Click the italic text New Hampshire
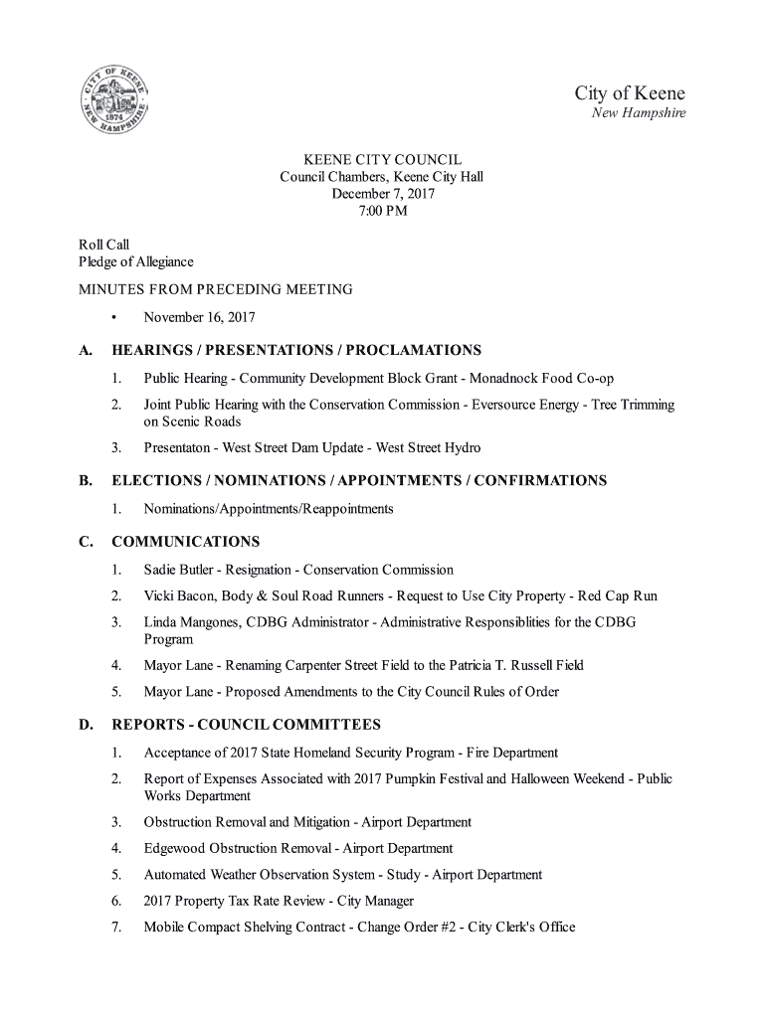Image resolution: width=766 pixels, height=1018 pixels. pyautogui.click(x=639, y=113)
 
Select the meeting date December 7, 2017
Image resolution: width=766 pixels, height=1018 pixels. pyautogui.click(x=383, y=194)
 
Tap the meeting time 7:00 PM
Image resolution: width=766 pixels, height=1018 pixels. pyautogui.click(x=383, y=211)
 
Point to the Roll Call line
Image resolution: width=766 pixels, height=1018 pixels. pyautogui.click(x=104, y=245)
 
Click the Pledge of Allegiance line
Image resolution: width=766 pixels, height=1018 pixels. pyautogui.click(x=136, y=262)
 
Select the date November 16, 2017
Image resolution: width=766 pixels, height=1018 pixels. pyautogui.click(x=200, y=318)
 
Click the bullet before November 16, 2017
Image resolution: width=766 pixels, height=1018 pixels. pyautogui.click(x=116, y=318)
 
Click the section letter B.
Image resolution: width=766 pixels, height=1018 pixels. pyautogui.click(x=85, y=481)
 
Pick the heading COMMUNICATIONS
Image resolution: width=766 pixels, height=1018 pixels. pyautogui.click(x=186, y=542)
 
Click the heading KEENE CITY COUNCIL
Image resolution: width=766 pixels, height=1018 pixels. pyautogui.click(x=383, y=160)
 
